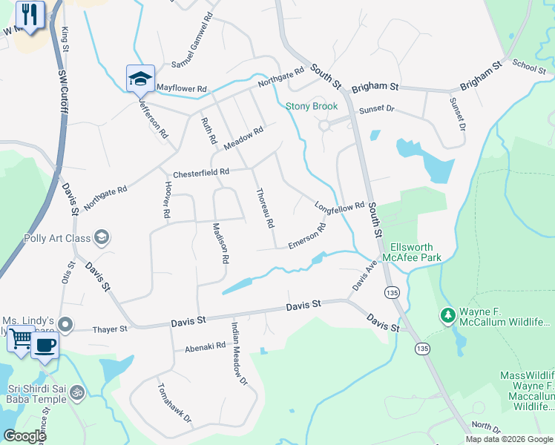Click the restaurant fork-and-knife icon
point(30,16)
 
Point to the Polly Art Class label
point(47,238)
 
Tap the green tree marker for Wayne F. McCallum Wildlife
point(447,316)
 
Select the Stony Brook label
point(312,106)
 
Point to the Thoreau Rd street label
point(265,208)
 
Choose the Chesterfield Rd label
point(201,174)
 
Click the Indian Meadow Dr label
point(237,355)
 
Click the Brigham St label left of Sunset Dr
point(375,88)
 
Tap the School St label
point(529,66)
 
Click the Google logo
point(24,436)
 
